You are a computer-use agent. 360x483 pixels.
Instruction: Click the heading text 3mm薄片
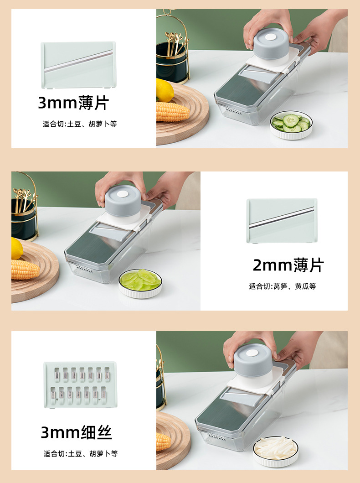click(x=73, y=103)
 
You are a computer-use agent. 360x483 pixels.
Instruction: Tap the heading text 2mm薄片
click(x=288, y=265)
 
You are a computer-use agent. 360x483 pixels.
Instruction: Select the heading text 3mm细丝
click(x=77, y=432)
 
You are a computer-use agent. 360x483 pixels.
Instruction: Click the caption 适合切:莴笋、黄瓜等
click(x=282, y=286)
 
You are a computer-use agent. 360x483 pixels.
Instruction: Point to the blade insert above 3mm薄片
click(x=78, y=65)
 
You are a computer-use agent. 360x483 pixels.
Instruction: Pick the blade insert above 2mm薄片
click(x=282, y=221)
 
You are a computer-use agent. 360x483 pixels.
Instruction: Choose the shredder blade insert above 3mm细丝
click(x=80, y=384)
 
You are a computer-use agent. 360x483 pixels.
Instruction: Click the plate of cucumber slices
click(x=291, y=124)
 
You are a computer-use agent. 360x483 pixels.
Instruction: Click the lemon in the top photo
click(x=165, y=90)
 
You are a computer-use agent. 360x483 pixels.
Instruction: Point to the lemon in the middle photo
click(x=17, y=249)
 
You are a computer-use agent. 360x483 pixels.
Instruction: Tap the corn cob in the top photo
click(x=172, y=112)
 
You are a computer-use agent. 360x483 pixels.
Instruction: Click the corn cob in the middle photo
click(x=25, y=270)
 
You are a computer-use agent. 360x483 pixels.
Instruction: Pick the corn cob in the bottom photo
click(x=163, y=441)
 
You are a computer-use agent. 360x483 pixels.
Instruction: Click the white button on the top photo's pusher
click(x=271, y=37)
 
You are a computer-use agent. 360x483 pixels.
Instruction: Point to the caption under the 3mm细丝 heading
click(x=81, y=453)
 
